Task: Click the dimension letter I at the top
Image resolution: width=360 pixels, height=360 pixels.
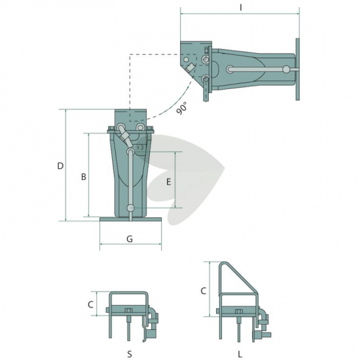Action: [241, 8]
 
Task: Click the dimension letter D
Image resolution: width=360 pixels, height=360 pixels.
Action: [60, 166]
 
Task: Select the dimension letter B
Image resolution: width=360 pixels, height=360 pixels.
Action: [84, 177]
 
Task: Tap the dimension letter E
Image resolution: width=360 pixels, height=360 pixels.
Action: [168, 182]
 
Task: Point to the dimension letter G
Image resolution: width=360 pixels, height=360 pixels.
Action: [130, 239]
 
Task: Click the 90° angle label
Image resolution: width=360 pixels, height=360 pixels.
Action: [182, 109]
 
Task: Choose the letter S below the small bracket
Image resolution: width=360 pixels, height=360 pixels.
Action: [130, 354]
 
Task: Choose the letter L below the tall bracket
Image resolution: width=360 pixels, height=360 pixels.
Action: [240, 354]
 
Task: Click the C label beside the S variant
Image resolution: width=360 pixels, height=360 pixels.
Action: [90, 304]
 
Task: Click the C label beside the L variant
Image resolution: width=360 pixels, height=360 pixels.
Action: [203, 291]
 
